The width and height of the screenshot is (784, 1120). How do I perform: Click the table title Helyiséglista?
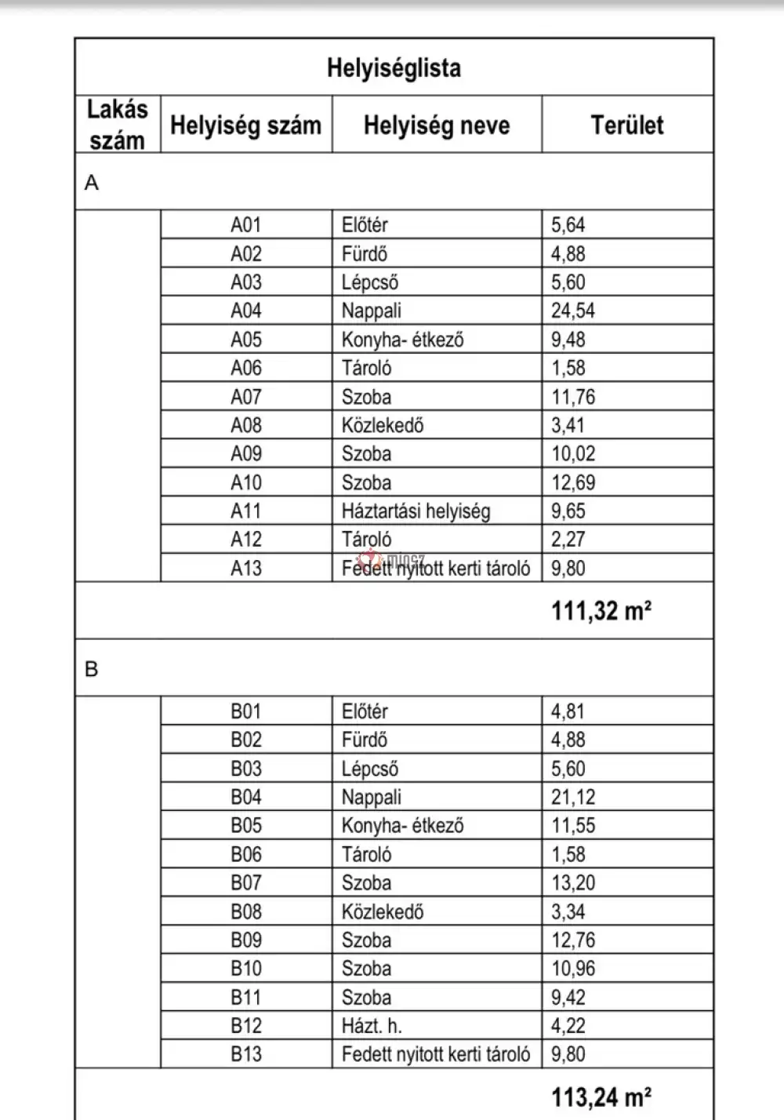(x=394, y=68)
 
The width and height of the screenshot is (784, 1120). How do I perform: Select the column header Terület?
(x=626, y=125)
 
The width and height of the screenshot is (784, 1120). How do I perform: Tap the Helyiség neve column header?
(x=436, y=125)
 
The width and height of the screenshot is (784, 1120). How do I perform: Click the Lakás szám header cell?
(x=117, y=125)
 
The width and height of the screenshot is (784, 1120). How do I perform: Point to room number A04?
(x=245, y=311)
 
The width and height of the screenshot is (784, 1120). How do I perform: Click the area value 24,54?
(x=572, y=311)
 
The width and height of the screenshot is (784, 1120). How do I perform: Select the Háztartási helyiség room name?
(x=416, y=511)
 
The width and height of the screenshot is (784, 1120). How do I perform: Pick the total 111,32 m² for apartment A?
(x=601, y=610)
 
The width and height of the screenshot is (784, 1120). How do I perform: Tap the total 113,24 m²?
(x=601, y=1096)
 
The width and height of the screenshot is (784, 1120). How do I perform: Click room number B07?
(x=245, y=883)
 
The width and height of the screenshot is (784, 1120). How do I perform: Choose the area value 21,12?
(x=572, y=798)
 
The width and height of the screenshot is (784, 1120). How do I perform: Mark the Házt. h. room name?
(x=372, y=1026)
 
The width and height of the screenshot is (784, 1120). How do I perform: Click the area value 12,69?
(x=572, y=482)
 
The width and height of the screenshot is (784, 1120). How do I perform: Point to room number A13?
(x=245, y=568)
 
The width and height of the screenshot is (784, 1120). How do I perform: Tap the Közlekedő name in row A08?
(x=382, y=425)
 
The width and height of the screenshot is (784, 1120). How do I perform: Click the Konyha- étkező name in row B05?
(x=402, y=826)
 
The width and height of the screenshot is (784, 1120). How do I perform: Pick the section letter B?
(x=92, y=669)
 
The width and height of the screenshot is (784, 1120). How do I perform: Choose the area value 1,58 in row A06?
(x=568, y=368)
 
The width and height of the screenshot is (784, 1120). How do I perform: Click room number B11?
(x=245, y=998)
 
